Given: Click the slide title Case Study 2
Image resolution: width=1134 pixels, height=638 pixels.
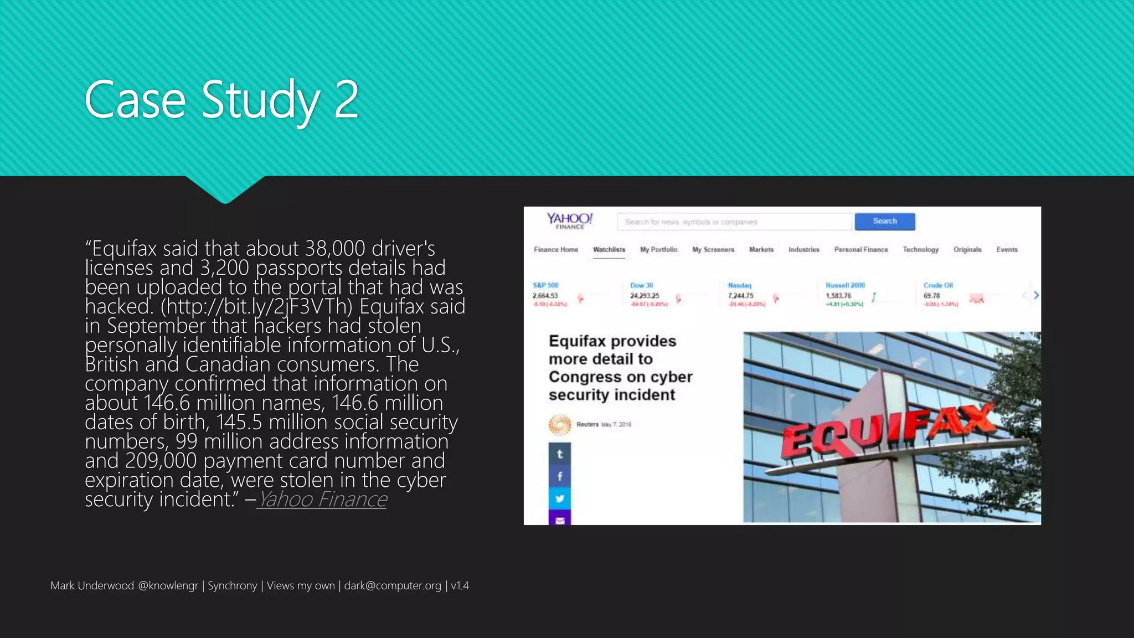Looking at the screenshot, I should tap(221, 100).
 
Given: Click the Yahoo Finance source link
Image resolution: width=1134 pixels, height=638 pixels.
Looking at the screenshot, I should tap(322, 500).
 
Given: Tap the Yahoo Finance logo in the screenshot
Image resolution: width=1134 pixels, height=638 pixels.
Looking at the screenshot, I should tap(570, 220).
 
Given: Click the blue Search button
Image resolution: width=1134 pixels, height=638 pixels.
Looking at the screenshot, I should tap(884, 222).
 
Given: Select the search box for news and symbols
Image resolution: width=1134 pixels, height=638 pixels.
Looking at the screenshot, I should tap(734, 222).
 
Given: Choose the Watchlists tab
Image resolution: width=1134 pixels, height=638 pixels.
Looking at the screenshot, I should tap(609, 250).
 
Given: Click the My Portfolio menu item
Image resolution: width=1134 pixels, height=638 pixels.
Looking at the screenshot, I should tap(658, 250).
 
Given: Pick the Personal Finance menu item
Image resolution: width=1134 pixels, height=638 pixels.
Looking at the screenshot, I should tap(861, 250).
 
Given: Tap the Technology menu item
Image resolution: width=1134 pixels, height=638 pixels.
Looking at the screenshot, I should tap(920, 250).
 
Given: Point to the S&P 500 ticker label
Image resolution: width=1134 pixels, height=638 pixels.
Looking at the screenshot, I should tap(545, 285).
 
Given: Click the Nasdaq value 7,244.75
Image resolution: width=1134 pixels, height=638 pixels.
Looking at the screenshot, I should tap(740, 296).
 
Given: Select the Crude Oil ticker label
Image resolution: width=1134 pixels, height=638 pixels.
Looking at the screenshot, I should tap(938, 285).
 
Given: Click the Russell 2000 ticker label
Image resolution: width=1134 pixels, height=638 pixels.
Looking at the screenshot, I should tap(845, 285).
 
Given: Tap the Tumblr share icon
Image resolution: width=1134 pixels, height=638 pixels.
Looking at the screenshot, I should tap(560, 454).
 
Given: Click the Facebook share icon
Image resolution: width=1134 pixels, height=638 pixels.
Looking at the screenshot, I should tap(560, 476).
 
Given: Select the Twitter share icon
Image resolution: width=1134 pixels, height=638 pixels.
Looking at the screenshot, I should tap(560, 498).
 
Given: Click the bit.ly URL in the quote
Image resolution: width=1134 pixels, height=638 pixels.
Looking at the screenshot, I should tap(256, 306).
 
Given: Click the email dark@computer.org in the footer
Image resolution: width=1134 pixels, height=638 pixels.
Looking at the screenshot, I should tap(393, 586).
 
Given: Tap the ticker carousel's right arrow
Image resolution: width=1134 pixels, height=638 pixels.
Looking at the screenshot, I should tap(1036, 295).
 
